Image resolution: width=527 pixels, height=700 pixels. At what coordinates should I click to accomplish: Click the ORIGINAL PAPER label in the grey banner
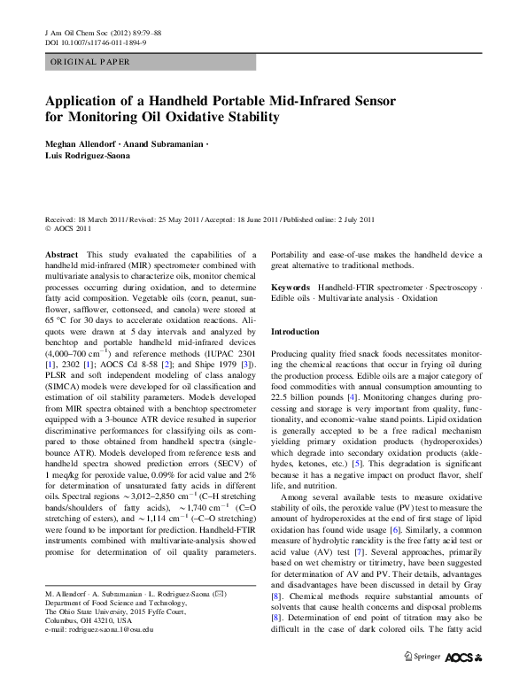click(x=90, y=62)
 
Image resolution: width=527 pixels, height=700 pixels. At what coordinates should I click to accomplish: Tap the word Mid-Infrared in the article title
click(x=341, y=98)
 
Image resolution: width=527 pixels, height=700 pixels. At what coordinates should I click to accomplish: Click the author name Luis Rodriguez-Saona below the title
click(x=91, y=155)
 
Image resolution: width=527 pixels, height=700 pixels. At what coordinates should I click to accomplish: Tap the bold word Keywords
click(x=290, y=288)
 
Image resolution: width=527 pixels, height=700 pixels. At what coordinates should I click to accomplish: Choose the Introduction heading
click(x=295, y=331)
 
